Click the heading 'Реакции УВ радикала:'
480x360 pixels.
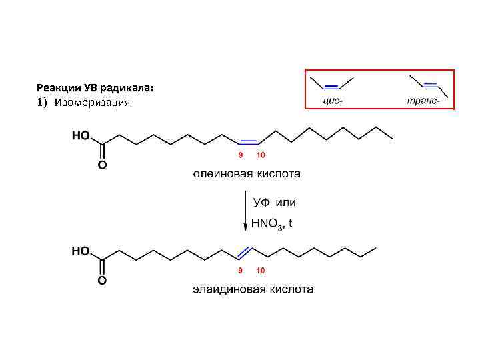(95, 88)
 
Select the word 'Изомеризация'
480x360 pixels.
(93, 103)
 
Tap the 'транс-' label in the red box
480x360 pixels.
(423, 101)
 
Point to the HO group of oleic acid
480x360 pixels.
(81, 135)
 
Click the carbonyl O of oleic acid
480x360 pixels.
(102, 165)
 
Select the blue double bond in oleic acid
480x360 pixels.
(249, 141)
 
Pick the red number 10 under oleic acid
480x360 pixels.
(261, 155)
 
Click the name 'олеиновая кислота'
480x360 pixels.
(247, 174)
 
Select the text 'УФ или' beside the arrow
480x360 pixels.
(273, 202)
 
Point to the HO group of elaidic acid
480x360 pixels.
(81, 251)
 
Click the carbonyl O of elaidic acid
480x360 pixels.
(102, 280)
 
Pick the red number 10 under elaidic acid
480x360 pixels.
(261, 271)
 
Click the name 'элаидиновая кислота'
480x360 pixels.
(253, 289)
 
